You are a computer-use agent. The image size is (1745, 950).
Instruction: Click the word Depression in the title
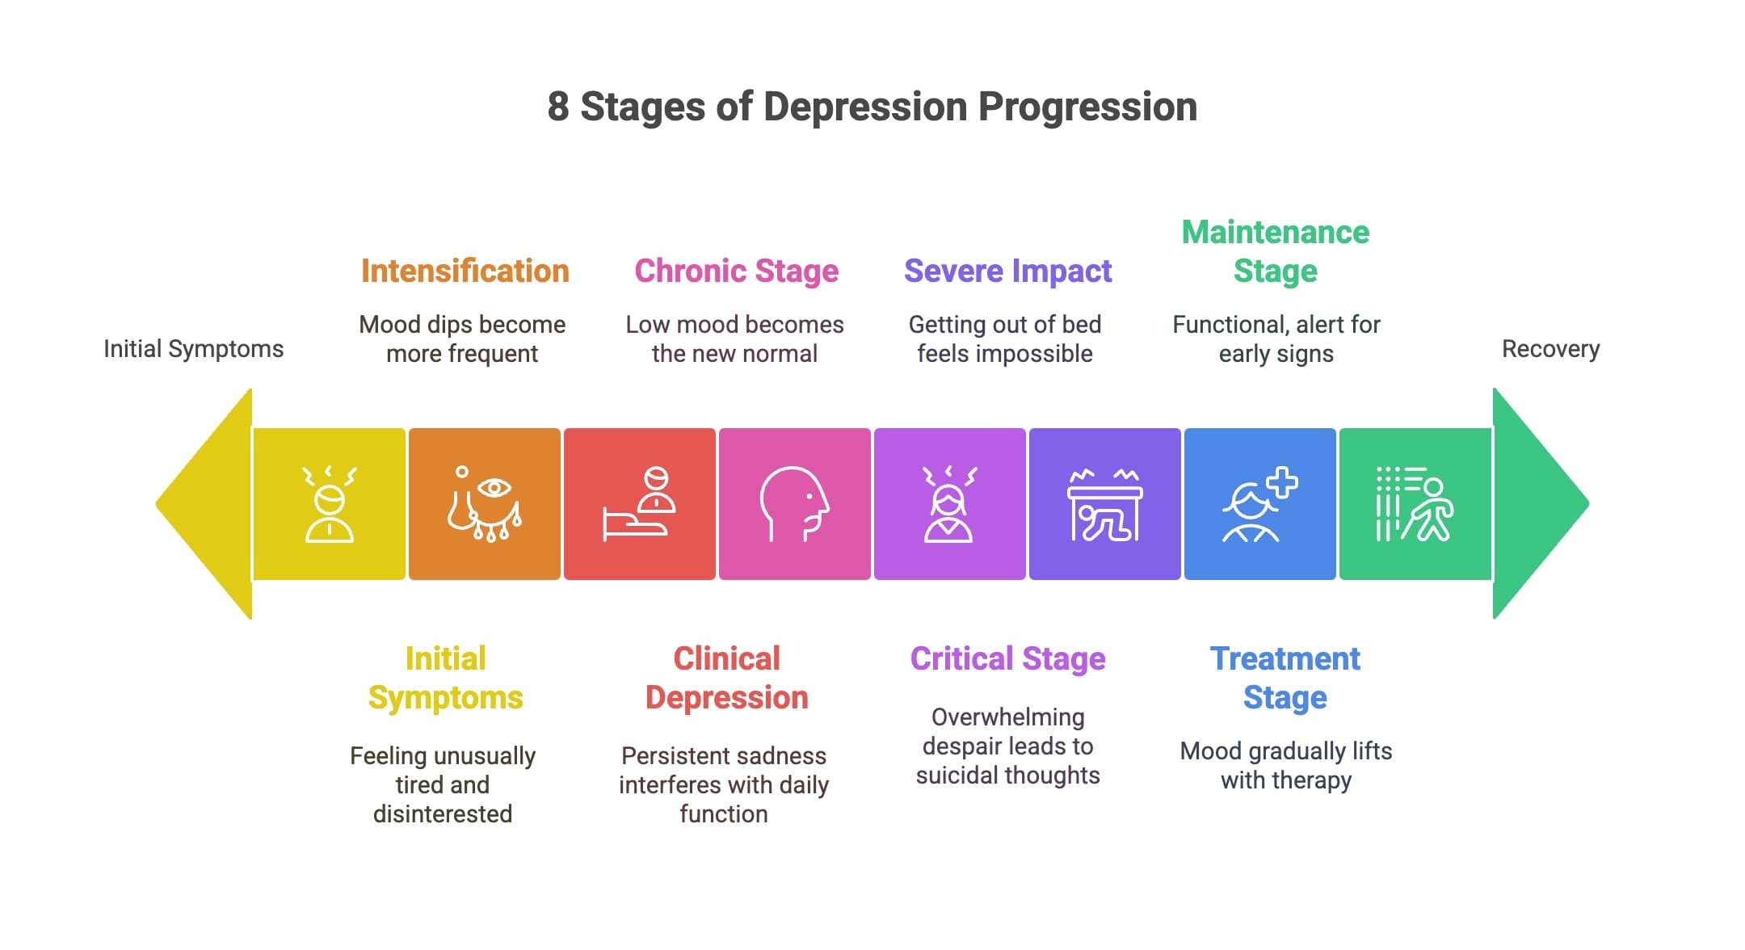tap(865, 107)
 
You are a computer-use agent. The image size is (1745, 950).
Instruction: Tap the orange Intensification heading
tap(465, 271)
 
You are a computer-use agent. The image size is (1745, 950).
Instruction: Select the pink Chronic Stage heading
tap(736, 271)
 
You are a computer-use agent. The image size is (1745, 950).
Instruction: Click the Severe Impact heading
tap(1007, 271)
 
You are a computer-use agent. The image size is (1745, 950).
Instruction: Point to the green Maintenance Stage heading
tap(1275, 251)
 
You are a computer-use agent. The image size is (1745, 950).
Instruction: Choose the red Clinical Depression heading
tap(726, 679)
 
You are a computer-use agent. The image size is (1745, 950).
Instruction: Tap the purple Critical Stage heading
tap(1007, 659)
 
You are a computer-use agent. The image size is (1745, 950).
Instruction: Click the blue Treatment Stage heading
tap(1285, 679)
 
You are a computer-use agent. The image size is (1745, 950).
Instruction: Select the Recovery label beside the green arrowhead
tap(1550, 349)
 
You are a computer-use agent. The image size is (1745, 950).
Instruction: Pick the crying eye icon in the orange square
tap(485, 504)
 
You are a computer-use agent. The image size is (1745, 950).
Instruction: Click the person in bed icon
tap(638, 504)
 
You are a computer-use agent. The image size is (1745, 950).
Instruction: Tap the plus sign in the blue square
tap(1281, 483)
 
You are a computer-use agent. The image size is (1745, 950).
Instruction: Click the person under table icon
tap(1104, 506)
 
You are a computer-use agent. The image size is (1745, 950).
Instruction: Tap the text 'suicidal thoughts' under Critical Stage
tap(1007, 776)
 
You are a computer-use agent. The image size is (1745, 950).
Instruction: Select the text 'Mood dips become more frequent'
tap(462, 339)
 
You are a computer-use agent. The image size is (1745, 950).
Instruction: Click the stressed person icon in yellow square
tap(329, 504)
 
